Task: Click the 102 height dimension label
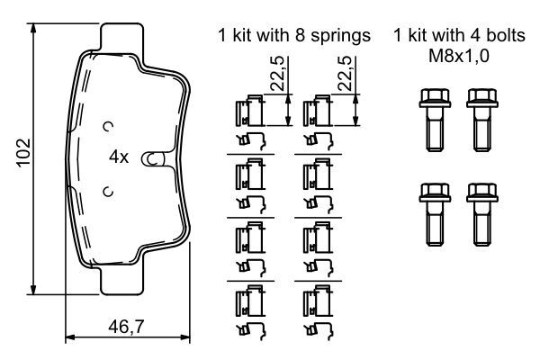(24, 155)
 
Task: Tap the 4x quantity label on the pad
(119, 157)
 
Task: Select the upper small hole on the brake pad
(108, 126)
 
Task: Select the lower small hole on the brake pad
(108, 190)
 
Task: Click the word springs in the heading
(342, 36)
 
